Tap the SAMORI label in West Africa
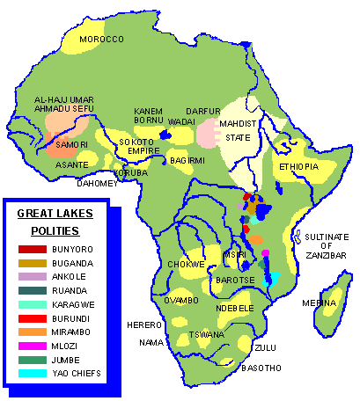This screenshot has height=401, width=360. (x=70, y=144)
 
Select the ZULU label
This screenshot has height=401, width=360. (x=264, y=347)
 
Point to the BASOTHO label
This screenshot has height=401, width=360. (x=261, y=368)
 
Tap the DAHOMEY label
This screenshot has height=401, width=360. (x=97, y=183)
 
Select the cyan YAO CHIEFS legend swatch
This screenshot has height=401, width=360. (x=32, y=373)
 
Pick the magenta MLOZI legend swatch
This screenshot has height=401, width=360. (x=32, y=346)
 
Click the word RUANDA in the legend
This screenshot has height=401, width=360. (x=70, y=291)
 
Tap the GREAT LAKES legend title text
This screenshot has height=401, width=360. (x=55, y=214)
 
